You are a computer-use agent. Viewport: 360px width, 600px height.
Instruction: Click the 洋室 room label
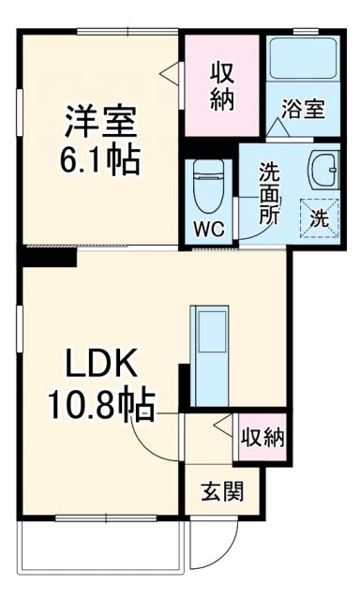point(101,123)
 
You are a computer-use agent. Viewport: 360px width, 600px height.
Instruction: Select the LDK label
point(101,365)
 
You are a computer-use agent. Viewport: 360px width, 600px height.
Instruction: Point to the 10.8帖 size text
point(101,404)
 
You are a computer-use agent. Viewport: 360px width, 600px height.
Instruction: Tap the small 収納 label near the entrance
point(262,437)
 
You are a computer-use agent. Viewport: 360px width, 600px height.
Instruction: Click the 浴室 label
point(303,109)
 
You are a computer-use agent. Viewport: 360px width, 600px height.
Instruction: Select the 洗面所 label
point(269,193)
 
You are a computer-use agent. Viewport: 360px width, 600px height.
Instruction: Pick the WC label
point(207,227)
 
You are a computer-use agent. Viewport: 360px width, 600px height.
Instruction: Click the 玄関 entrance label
point(223,491)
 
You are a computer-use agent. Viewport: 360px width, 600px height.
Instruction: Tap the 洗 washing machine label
point(319,219)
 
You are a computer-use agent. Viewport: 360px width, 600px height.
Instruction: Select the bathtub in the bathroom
point(302,61)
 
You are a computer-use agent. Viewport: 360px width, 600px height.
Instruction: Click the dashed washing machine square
point(319,218)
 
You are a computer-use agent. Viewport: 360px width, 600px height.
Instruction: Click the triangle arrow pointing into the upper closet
point(169,70)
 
